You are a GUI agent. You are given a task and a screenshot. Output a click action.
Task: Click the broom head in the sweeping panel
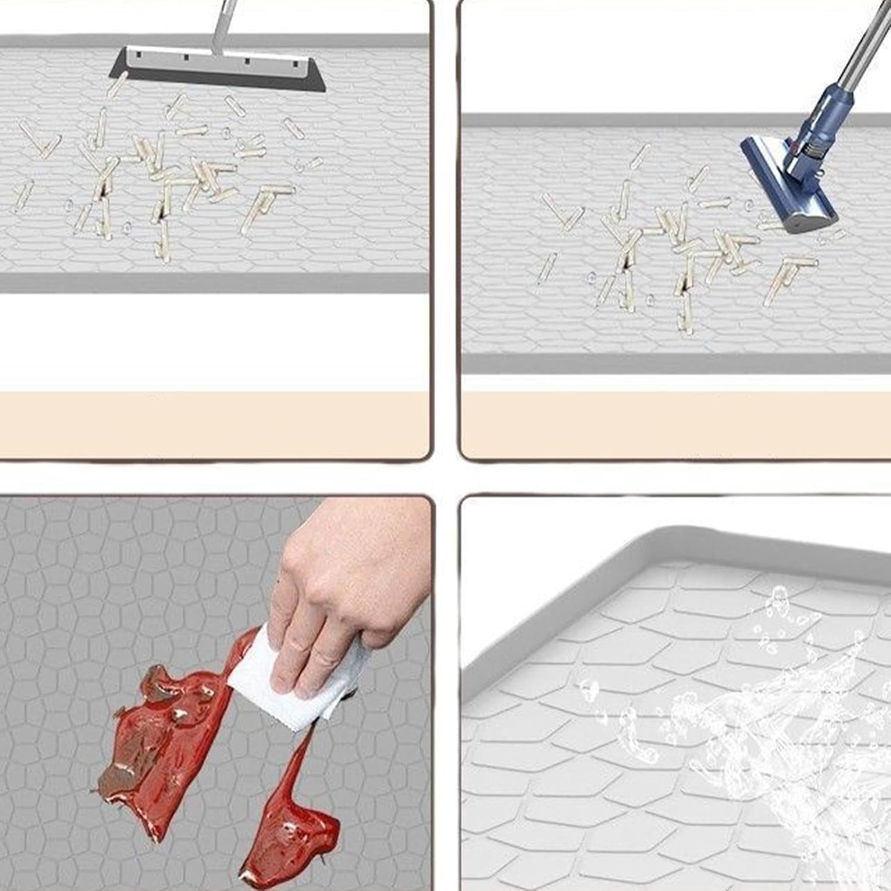click(217, 69)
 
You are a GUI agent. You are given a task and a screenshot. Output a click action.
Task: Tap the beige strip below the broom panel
click(214, 425)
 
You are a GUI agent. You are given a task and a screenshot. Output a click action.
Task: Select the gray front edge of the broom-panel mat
click(214, 283)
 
